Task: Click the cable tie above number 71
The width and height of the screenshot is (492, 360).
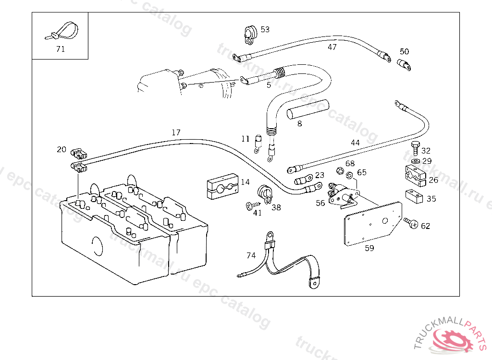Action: [x=63, y=31]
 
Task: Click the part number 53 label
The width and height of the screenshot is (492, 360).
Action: [x=265, y=29]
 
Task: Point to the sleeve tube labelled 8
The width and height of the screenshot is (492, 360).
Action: [x=307, y=109]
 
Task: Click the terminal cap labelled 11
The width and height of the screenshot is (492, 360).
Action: [x=258, y=144]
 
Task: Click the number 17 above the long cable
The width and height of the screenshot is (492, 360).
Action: [x=176, y=132]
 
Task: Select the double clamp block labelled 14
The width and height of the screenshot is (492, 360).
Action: [x=223, y=186]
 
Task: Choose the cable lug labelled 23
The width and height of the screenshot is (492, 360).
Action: [x=303, y=180]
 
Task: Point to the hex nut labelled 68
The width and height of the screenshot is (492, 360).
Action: [x=340, y=171]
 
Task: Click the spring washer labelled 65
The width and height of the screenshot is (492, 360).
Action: [x=350, y=175]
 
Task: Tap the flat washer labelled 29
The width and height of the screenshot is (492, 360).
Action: [x=416, y=161]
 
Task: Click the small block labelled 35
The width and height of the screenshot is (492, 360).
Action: [x=414, y=196]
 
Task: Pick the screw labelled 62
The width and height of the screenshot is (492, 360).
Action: [x=411, y=223]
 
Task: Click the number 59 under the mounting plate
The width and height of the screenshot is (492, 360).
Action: [x=369, y=248]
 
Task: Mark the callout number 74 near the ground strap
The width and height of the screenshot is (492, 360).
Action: [x=251, y=255]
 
